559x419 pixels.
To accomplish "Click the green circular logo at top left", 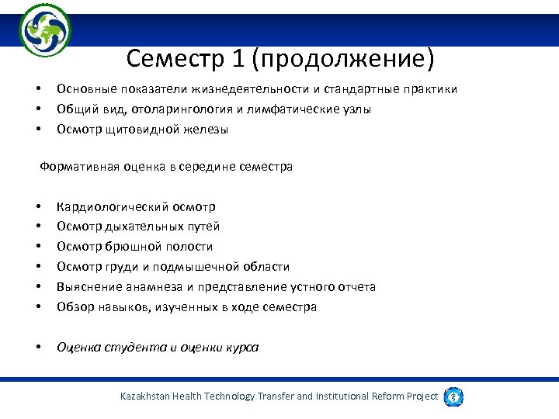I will pyautogui.click(x=45, y=30).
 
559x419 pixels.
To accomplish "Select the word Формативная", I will pyautogui.click(x=78, y=167).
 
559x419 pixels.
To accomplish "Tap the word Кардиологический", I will pyautogui.click(x=111, y=206).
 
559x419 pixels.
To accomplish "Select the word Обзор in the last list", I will pyautogui.click(x=75, y=307).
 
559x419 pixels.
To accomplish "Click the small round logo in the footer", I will pyautogui.click(x=453, y=396).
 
